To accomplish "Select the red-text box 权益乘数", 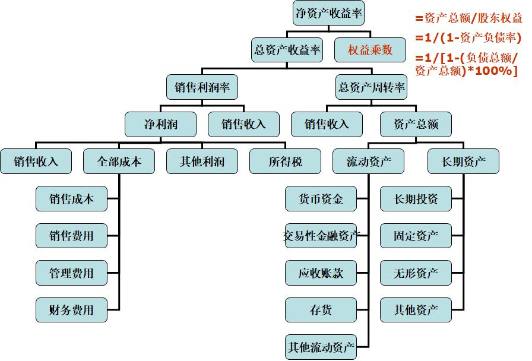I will pyautogui.click(x=370, y=50).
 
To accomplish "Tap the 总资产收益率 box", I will pyautogui.click(x=287, y=50).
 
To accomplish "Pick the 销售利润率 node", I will pyautogui.click(x=202, y=87).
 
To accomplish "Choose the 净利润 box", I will pyautogui.click(x=160, y=125).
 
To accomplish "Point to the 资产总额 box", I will pyautogui.click(x=416, y=125).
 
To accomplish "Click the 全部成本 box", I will pyautogui.click(x=119, y=161).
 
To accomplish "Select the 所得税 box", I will pyautogui.click(x=285, y=161).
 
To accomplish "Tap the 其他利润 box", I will pyautogui.click(x=202, y=161).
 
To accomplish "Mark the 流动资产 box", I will pyautogui.click(x=369, y=161).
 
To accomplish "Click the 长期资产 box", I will pyautogui.click(x=463, y=161).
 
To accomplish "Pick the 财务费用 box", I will pyautogui.click(x=72, y=309).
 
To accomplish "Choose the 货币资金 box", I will pyautogui.click(x=321, y=199).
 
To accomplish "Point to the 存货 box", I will pyautogui.click(x=321, y=309).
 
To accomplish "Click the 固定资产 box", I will pyautogui.click(x=416, y=236).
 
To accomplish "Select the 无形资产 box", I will pyautogui.click(x=416, y=273).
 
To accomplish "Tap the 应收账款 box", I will pyautogui.click(x=321, y=273).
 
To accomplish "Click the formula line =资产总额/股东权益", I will pyautogui.click(x=468, y=18).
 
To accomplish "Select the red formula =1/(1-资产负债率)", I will pyautogui.click(x=468, y=38).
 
